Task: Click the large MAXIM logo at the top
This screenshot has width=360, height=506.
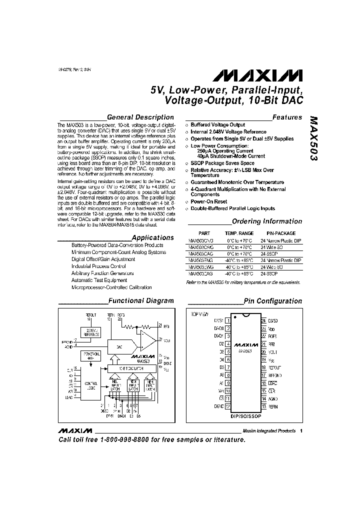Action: coord(258,75)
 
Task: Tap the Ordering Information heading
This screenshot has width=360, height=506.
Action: coord(267,221)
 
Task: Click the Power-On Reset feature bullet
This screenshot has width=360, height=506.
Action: coord(209,201)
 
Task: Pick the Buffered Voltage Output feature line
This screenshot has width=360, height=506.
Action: coord(218,124)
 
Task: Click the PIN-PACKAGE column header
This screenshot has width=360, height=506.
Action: coord(281,233)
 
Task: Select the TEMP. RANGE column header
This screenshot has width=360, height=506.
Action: coord(238,233)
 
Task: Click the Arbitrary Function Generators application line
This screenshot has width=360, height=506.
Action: coord(102,273)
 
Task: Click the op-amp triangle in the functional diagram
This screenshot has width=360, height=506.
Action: coord(148,341)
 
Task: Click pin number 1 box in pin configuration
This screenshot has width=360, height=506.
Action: coord(228,320)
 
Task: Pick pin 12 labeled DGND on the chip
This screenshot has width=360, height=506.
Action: coord(228,406)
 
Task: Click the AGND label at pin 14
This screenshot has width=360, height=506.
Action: coord(273,399)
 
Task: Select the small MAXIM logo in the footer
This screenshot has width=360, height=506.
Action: coord(74,431)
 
